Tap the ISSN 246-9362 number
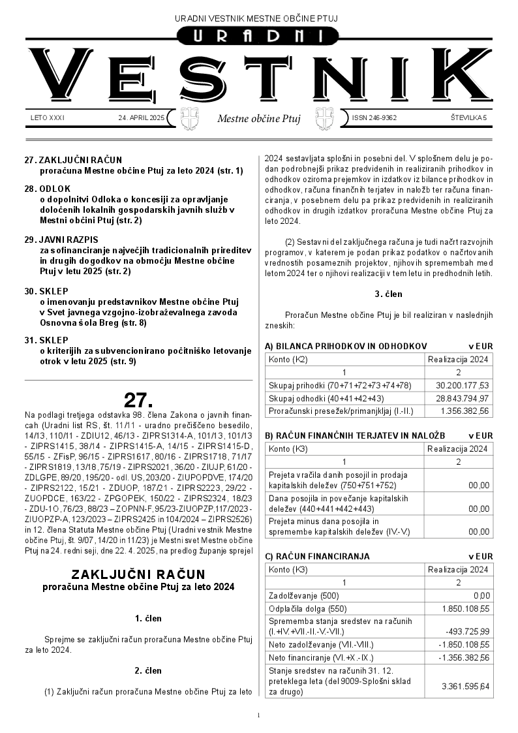[374, 118]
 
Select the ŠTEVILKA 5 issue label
[468, 118]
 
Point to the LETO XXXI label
[48, 118]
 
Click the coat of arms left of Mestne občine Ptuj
[189, 119]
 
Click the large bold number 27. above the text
[138, 399]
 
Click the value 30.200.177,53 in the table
[462, 385]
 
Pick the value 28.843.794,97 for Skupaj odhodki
[462, 398]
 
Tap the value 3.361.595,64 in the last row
[465, 687]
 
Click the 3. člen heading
[388, 294]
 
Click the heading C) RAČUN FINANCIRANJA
[317, 556]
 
